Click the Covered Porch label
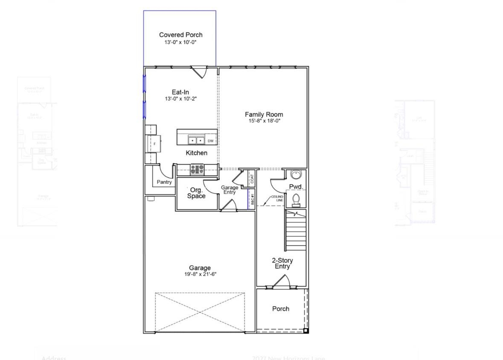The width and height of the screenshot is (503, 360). (180, 35)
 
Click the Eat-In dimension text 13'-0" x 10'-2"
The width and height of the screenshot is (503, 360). (180, 99)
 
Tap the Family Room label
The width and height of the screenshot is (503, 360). (264, 114)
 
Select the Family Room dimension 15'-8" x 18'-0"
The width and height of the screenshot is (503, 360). (264, 121)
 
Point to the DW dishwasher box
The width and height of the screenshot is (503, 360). (211, 141)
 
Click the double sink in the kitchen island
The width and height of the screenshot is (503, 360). (196, 140)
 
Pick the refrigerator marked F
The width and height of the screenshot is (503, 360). (154, 144)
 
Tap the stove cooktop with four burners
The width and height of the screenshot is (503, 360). (197, 169)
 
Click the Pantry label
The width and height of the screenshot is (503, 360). (164, 182)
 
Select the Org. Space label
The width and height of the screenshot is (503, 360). (196, 193)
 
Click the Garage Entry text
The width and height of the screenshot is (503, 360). (230, 190)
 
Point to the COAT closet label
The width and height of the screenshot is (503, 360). (252, 179)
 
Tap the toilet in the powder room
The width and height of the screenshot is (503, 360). (296, 199)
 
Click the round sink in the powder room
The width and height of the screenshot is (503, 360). (296, 174)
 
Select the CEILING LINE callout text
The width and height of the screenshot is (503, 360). (277, 198)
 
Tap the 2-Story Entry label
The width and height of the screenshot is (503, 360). (282, 263)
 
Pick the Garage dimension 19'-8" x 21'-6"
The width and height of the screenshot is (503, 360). (200, 274)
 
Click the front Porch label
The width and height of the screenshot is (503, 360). (281, 309)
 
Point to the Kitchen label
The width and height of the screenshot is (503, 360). (197, 153)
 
